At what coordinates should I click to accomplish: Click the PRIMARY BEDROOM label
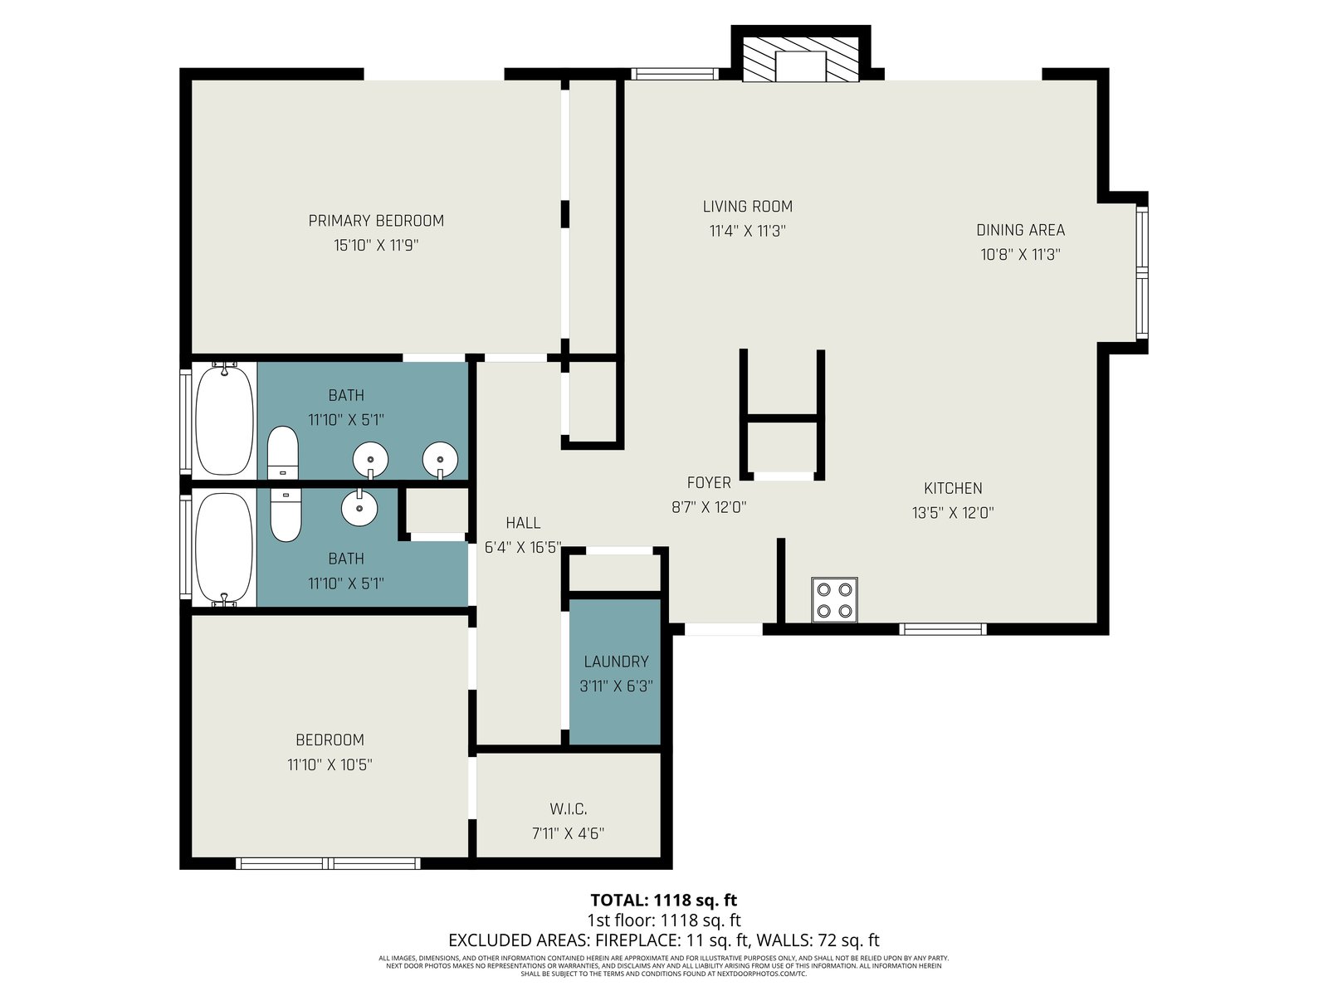(x=376, y=221)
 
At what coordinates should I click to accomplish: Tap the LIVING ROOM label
(x=747, y=206)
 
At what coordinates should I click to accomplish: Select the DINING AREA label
(x=1020, y=230)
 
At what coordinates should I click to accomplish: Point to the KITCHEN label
(x=953, y=488)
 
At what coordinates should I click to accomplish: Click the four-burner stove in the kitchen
(x=834, y=599)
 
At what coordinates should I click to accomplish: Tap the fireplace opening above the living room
(x=800, y=66)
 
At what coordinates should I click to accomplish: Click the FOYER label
(x=709, y=482)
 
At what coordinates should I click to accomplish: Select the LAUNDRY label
(x=616, y=662)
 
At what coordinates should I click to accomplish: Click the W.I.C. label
(x=568, y=808)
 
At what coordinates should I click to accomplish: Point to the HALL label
(x=523, y=523)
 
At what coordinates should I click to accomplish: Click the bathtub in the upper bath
(x=224, y=419)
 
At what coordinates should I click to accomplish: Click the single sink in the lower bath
(x=359, y=507)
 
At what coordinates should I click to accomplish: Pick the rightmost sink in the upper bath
(x=440, y=460)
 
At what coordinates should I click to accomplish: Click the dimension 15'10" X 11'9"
(x=376, y=246)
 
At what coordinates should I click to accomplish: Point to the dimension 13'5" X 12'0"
(x=953, y=513)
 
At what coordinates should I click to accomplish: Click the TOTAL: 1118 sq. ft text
(x=664, y=901)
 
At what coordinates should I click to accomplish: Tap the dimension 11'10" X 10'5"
(x=330, y=764)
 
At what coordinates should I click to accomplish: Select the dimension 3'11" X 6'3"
(x=616, y=686)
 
